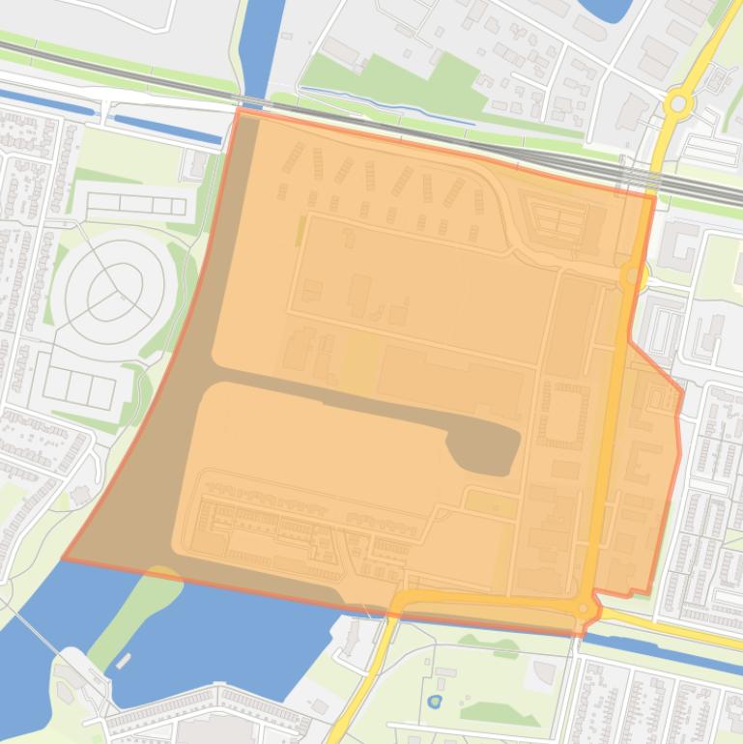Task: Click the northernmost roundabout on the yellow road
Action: [678, 103]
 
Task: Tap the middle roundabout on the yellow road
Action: [633, 277]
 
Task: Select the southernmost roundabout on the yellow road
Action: [584, 609]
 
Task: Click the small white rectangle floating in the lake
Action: [123, 661]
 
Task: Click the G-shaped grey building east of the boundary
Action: [680, 245]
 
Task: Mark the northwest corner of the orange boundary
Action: [238, 110]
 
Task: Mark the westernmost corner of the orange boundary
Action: [64, 558]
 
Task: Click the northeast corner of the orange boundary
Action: [654, 197]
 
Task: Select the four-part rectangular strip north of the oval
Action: [135, 205]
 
